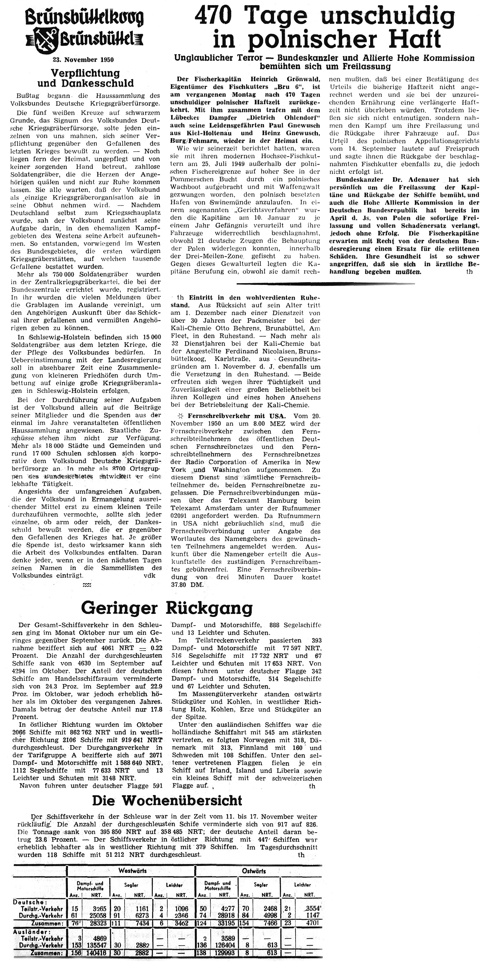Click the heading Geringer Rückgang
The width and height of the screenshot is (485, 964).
tap(167, 608)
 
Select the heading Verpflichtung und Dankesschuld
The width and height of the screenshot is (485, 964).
tap(85, 78)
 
